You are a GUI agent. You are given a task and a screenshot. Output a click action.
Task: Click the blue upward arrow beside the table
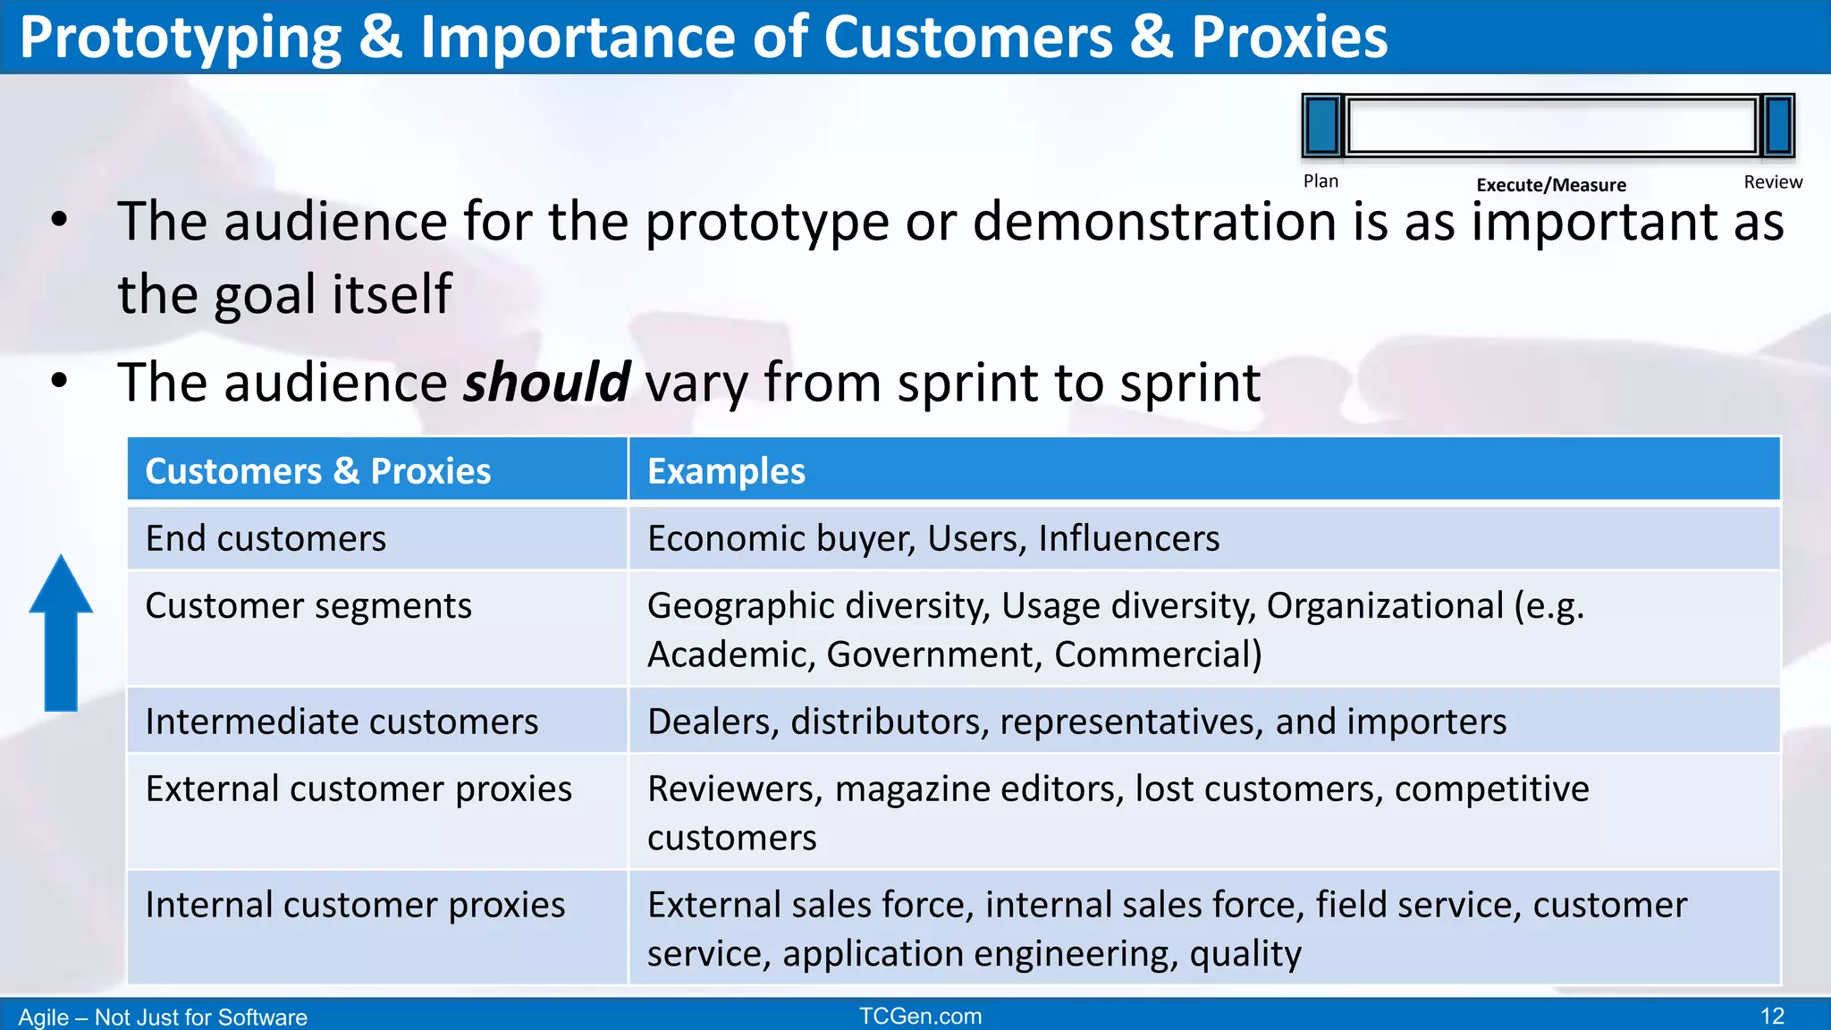coord(61,635)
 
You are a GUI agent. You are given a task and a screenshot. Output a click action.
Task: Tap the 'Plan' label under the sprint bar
coord(1321,182)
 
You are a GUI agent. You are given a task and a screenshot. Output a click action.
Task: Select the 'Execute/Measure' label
coord(1551,185)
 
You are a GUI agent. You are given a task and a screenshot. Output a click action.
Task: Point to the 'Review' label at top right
coord(1773,182)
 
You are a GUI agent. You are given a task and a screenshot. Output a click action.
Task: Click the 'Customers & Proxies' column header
coord(318,471)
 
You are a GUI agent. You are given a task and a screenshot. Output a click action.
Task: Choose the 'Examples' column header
coord(726,471)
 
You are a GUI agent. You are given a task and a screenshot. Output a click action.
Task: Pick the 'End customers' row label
coord(266,538)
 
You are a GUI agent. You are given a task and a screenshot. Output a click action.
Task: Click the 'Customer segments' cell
coord(308,606)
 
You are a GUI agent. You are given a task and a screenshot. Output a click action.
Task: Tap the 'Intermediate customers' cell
coord(342,722)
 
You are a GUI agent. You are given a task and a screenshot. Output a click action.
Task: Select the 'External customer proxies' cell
coord(359,789)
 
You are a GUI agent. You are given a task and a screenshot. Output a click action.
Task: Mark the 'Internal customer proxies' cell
coord(355,905)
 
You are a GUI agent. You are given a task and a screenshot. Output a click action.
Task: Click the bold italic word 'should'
coord(547,383)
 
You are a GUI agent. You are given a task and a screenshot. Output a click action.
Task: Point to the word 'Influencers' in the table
coord(1128,538)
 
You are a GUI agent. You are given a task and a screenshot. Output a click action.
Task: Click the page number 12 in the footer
coord(1772,1017)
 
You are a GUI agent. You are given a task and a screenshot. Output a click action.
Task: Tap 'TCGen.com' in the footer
coord(920,1017)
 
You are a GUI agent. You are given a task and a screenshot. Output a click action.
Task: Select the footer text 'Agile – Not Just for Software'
coord(163,1017)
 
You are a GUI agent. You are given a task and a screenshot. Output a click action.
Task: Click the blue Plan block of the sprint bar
coord(1322,126)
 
